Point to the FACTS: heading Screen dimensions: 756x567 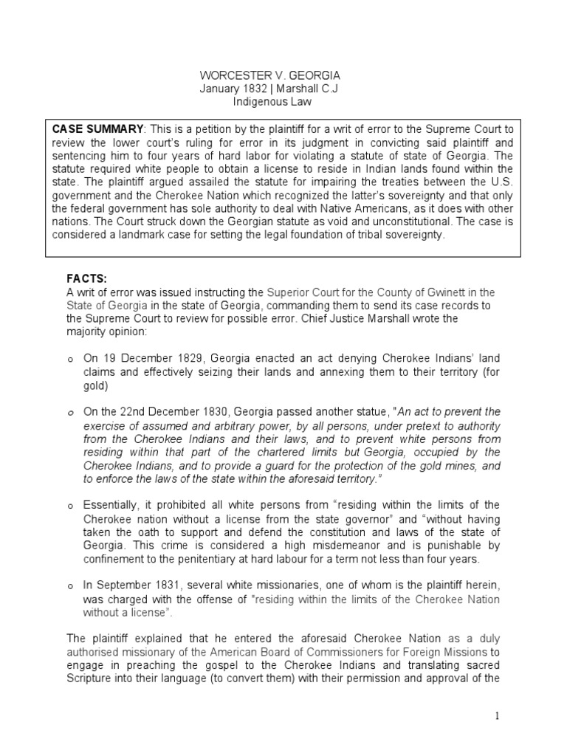[87, 278]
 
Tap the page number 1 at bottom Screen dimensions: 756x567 [498, 716]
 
